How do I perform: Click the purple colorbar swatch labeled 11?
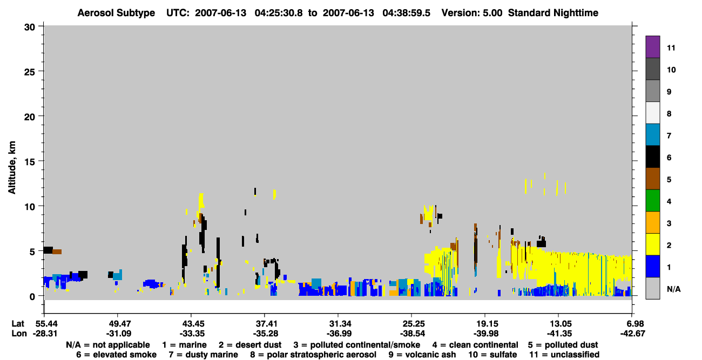(652, 46)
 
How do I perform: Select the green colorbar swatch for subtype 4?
(652, 201)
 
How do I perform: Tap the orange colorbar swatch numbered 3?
(652, 222)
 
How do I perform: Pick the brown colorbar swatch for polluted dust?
(652, 179)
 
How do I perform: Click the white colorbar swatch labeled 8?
(652, 113)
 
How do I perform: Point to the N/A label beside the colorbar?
(673, 289)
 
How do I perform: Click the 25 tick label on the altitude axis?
(30, 72)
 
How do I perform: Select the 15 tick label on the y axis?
(30, 162)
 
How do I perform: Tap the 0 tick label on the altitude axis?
(32, 297)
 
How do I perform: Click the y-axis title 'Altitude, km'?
(12, 168)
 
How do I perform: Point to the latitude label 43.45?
(191, 324)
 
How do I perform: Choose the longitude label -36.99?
(339, 334)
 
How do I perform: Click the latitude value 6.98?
(632, 324)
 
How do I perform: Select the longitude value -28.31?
(45, 334)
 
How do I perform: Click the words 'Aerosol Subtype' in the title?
(116, 13)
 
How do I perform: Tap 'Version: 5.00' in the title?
(472, 13)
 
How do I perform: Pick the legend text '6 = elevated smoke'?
(116, 355)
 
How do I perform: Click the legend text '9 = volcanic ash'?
(422, 355)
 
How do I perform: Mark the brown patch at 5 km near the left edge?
(57, 252)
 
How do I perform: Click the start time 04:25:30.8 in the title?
(279, 13)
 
